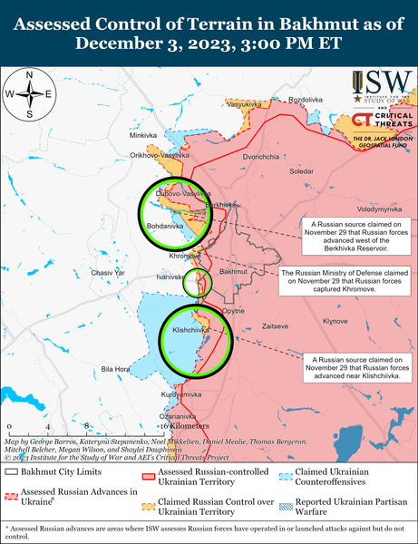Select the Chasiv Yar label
pos(108,273)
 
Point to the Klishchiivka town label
pos(190,331)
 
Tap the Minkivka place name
pos(142,135)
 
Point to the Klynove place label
pos(335,321)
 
